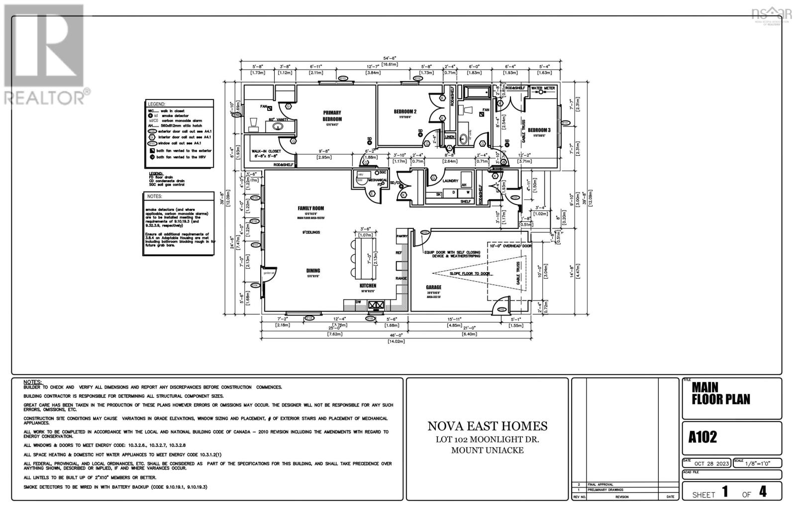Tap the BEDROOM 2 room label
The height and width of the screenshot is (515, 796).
point(405,111)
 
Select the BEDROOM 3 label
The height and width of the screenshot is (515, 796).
point(539,130)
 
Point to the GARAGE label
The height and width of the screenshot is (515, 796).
point(433,287)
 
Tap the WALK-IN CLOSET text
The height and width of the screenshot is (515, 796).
point(266,151)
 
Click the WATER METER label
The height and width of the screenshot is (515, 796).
point(543,89)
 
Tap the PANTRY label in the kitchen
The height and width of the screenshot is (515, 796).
point(401,235)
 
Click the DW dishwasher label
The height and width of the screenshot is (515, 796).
point(358,302)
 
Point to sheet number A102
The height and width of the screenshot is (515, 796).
point(703,437)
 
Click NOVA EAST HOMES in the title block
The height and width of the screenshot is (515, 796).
point(488,426)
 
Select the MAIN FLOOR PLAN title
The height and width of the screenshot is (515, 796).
point(720,393)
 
